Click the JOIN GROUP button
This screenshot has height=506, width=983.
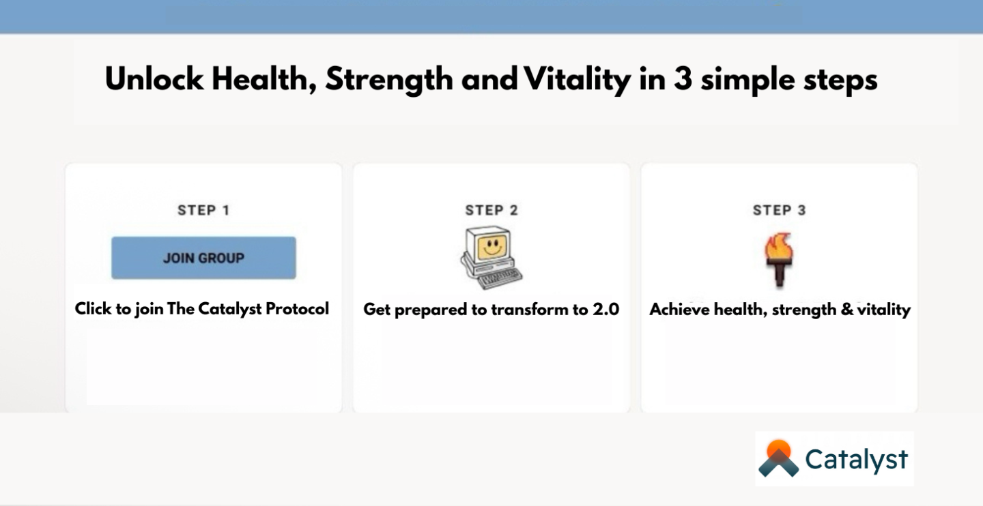point(203,258)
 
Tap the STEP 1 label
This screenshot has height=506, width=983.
point(203,211)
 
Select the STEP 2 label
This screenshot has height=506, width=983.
point(491,211)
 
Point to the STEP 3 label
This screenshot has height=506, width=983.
point(780,211)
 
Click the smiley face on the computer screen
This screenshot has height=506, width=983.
point(491,246)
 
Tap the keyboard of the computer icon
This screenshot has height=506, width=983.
point(500,278)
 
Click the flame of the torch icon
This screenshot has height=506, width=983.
point(779,246)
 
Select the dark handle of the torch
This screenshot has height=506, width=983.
point(780,274)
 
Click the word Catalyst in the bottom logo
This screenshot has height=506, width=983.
point(856,460)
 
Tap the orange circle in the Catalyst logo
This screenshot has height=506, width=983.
point(778,449)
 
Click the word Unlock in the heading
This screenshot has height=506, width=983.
point(154,79)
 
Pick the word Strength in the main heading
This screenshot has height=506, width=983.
point(389,80)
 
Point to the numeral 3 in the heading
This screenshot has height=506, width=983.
point(683,79)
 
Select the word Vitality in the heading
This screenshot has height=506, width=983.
point(578,80)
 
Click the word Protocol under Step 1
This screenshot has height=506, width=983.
point(297,309)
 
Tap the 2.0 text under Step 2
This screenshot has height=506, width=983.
point(606,310)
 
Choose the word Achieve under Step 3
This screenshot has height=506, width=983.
point(679,310)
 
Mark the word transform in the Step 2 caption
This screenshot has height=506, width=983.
point(524,310)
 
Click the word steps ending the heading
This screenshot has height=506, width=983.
point(840,81)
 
